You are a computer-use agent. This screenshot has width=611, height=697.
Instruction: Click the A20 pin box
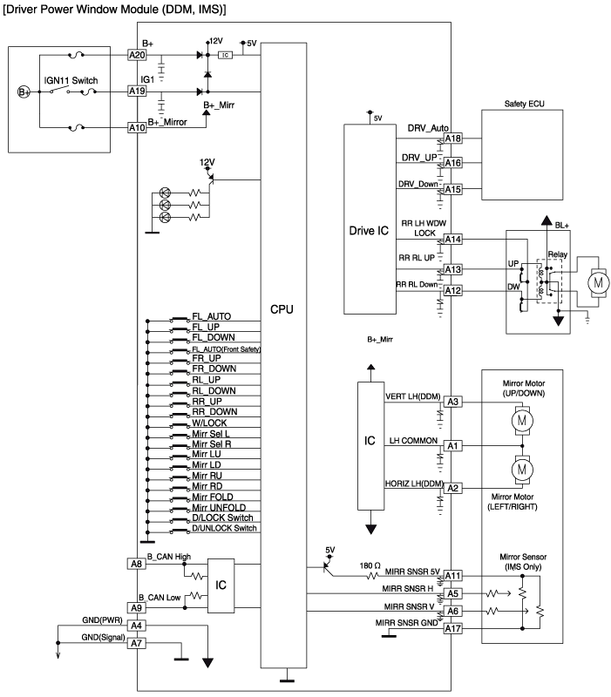click(x=137, y=53)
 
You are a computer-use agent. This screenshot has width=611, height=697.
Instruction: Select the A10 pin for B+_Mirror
click(x=137, y=127)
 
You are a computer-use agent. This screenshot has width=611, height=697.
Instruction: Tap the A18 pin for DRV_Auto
click(x=452, y=138)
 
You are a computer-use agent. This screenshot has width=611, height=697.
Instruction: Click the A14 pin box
click(x=452, y=240)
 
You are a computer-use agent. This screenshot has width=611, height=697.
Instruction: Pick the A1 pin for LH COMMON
click(x=452, y=446)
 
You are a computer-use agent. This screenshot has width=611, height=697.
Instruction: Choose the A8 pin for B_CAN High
click(x=136, y=564)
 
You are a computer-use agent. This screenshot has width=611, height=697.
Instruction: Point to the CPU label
click(x=284, y=309)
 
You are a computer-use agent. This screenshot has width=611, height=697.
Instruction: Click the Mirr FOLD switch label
click(x=213, y=497)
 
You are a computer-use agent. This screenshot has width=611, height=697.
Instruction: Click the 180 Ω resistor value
click(x=370, y=565)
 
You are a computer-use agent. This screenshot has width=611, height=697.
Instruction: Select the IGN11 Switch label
click(x=73, y=80)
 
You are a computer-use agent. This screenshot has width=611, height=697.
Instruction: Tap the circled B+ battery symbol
click(x=24, y=91)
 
